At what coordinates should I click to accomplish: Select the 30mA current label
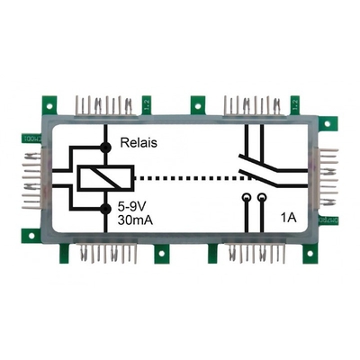coord(136,220)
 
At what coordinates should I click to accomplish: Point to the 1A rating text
coord(288,217)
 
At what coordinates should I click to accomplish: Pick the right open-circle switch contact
coord(262,196)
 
